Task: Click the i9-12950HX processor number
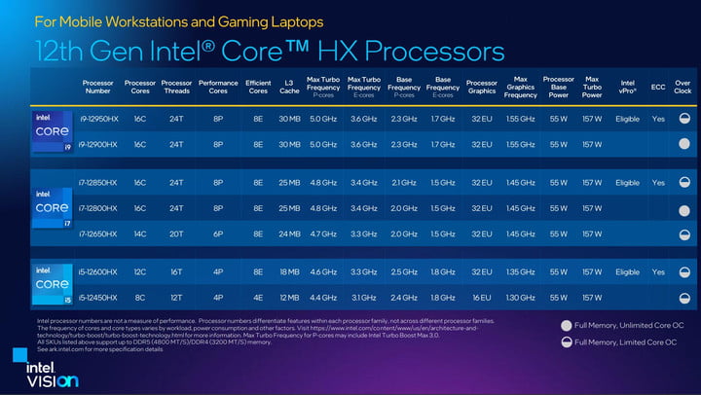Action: [97, 119]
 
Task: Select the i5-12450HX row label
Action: [97, 297]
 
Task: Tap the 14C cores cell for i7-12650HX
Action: [140, 233]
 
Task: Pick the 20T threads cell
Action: [176, 233]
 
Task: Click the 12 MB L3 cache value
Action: [289, 297]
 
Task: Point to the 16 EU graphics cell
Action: [481, 297]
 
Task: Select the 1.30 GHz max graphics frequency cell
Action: [521, 297]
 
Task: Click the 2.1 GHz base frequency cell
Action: [404, 182]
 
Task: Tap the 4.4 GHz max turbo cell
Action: [323, 297]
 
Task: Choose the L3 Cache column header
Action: [289, 88]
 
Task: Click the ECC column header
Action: [658, 88]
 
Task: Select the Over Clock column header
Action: [683, 88]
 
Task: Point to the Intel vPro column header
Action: [628, 88]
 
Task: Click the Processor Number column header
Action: [97, 88]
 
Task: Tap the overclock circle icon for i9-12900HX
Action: [683, 144]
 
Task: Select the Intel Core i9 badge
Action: [53, 131]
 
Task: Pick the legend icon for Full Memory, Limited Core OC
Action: [567, 342]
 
